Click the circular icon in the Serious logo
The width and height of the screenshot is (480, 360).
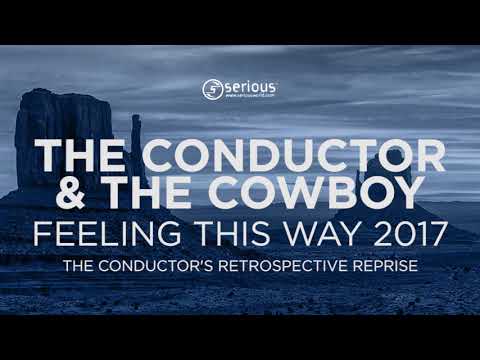[211, 89]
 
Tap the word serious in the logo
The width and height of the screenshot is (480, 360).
[248, 87]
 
